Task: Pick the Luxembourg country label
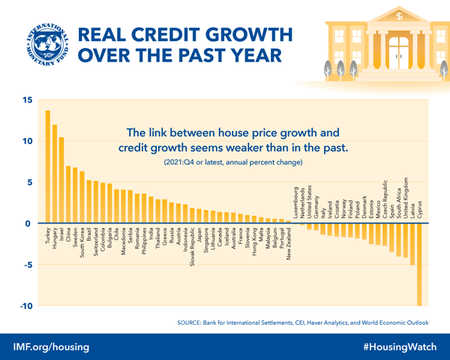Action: [x=297, y=202]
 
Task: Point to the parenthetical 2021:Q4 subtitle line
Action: [x=228, y=162]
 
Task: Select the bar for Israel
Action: [x=61, y=180]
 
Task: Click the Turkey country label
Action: [x=48, y=238]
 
